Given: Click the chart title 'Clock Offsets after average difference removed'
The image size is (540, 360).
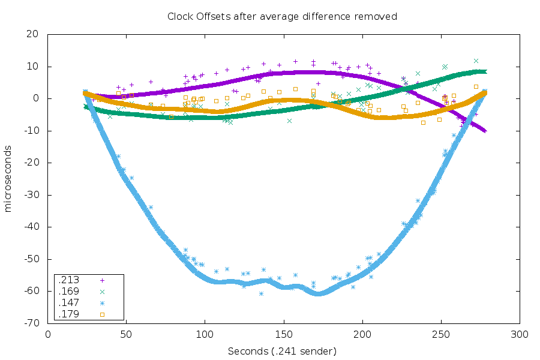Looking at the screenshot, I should pos(282,16).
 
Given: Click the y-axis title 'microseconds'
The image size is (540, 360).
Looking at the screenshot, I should pos(8,178).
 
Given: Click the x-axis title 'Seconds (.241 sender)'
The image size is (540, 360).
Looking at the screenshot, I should pos(282,351).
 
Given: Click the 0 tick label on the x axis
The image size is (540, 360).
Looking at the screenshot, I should pos(48,335).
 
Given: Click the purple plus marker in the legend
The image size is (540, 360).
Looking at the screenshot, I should pos(102,280).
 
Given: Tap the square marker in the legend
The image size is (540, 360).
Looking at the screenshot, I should pos(102,314).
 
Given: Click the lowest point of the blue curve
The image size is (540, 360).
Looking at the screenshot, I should pos(318,293).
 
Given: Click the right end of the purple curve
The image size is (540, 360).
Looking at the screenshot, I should pos(485,130).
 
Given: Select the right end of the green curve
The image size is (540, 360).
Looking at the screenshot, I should pos(484,71).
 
